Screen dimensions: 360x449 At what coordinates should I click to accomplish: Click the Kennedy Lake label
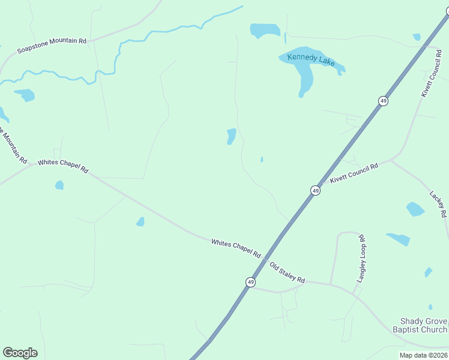[x=310, y=59]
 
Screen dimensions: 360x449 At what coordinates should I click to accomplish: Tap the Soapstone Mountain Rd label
[x=52, y=45]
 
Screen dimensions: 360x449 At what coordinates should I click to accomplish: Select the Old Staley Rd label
[x=287, y=273]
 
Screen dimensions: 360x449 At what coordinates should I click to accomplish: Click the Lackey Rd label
[x=438, y=205]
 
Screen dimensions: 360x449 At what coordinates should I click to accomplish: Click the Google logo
[x=20, y=353]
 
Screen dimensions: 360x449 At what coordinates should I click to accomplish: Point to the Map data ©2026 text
[x=423, y=355]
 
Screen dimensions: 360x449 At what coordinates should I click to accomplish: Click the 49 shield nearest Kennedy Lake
[x=383, y=101]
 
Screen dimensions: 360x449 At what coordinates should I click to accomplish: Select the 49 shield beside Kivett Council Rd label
[x=315, y=190]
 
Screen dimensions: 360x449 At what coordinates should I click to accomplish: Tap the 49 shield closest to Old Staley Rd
[x=250, y=282]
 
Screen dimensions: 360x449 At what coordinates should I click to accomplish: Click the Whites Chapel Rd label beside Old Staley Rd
[x=236, y=248]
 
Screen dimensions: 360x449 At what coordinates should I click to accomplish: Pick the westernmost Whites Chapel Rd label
[x=63, y=166]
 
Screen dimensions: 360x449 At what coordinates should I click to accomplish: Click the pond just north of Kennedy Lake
[x=265, y=30]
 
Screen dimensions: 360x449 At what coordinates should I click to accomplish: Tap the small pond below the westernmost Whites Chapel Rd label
[x=59, y=185]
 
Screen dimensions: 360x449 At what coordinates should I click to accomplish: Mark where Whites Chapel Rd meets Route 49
[x=265, y=259]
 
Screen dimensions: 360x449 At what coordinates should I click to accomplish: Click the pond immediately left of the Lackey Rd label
[x=415, y=209]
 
